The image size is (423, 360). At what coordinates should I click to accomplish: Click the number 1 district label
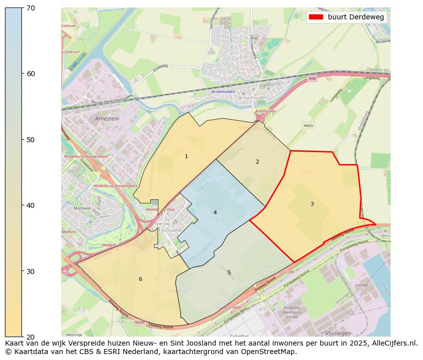click(x=186, y=156)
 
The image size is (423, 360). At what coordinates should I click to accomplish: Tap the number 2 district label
click(x=257, y=162)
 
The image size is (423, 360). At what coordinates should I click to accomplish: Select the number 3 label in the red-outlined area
click(x=312, y=204)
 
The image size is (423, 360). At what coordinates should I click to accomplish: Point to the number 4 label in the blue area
click(x=215, y=212)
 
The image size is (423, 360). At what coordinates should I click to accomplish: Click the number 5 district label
click(x=229, y=272)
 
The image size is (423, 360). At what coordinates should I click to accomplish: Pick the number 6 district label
click(x=140, y=279)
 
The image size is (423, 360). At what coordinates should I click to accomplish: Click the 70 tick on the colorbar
click(x=30, y=7)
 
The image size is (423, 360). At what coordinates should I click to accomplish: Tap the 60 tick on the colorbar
click(x=30, y=74)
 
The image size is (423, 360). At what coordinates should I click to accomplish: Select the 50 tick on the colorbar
click(x=30, y=140)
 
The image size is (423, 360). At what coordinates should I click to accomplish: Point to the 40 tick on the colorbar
click(x=30, y=205)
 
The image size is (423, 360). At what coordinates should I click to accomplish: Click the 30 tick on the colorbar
click(x=30, y=271)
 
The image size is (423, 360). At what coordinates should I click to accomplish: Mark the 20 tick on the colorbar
click(x=30, y=337)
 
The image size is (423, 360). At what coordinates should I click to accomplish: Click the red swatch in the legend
click(x=316, y=17)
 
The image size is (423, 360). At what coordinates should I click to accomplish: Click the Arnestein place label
click(x=106, y=119)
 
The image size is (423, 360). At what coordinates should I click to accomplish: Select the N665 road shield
click(x=308, y=125)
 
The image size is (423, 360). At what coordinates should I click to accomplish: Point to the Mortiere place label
click(x=82, y=208)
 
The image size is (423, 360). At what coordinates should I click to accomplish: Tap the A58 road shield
click(x=312, y=79)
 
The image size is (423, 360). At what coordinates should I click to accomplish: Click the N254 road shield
click(x=140, y=322)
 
